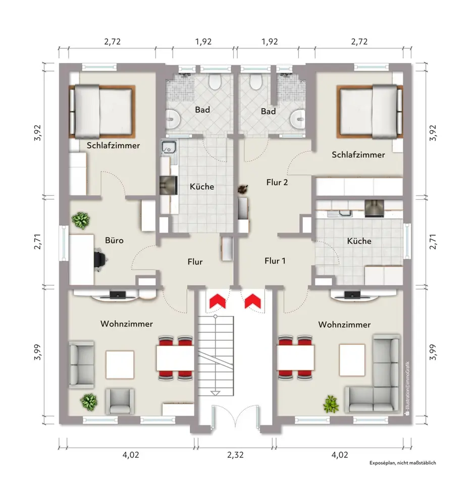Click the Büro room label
[x=114, y=240]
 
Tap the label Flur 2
[x=277, y=182]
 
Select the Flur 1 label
[x=275, y=261]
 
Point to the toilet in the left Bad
[x=215, y=82]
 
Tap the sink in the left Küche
[x=169, y=148]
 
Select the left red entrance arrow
[x=217, y=300]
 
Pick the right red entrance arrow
[x=253, y=300]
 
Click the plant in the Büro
[x=80, y=221]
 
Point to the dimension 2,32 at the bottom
[x=235, y=455]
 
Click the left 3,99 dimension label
[x=38, y=352]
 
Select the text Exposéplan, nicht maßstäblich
[x=402, y=463]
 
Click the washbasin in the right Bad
[x=298, y=118]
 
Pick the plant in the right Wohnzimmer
[x=331, y=404]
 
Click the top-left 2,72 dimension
[x=113, y=41]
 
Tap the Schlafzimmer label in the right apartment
[x=358, y=155]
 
